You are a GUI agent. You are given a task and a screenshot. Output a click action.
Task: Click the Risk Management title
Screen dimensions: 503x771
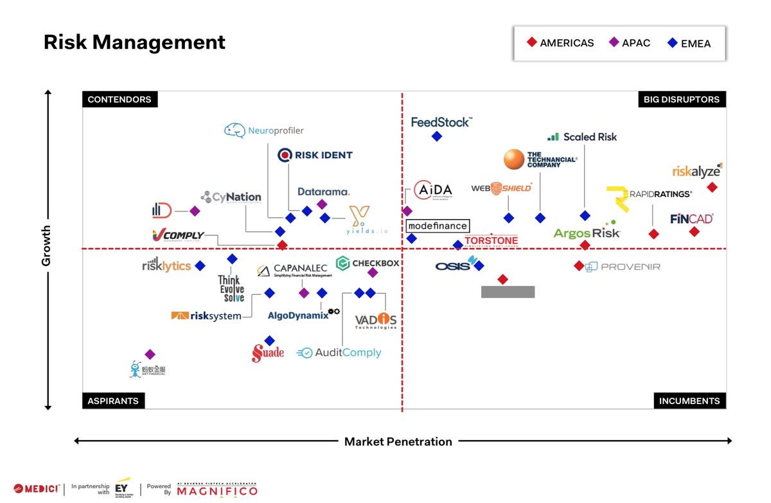tap(134, 42)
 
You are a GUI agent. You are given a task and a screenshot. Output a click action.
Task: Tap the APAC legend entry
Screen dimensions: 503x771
tap(630, 43)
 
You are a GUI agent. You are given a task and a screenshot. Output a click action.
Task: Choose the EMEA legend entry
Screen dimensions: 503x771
tap(689, 44)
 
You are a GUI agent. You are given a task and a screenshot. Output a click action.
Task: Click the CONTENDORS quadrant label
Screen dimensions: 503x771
tap(120, 100)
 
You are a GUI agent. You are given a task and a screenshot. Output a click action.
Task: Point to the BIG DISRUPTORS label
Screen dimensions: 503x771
tap(681, 100)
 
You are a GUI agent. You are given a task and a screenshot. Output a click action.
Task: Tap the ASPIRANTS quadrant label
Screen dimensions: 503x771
tap(113, 401)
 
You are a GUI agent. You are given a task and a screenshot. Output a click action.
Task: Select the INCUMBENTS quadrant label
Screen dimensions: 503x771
tap(689, 401)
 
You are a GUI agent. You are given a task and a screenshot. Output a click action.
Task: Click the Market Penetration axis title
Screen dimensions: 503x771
tap(398, 441)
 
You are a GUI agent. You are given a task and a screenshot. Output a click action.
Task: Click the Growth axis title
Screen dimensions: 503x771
tap(46, 245)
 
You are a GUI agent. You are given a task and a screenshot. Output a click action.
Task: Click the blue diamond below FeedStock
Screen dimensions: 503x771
tap(437, 136)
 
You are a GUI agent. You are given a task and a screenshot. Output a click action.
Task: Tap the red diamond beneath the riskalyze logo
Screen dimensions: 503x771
tap(712, 188)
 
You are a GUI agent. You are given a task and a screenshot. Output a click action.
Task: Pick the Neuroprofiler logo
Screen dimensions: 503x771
tap(264, 130)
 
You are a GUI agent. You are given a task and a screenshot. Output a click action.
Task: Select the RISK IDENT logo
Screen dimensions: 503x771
tap(315, 155)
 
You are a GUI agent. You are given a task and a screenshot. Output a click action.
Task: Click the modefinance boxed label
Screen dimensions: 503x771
tap(438, 226)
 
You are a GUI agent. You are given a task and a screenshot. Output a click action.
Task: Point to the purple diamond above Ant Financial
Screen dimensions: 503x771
tap(150, 355)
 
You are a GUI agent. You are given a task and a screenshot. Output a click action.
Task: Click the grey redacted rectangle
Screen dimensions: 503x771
tap(508, 292)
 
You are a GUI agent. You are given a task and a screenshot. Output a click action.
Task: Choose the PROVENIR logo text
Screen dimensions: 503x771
tap(630, 267)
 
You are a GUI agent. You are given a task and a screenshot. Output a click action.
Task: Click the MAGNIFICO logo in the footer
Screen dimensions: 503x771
tap(217, 490)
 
